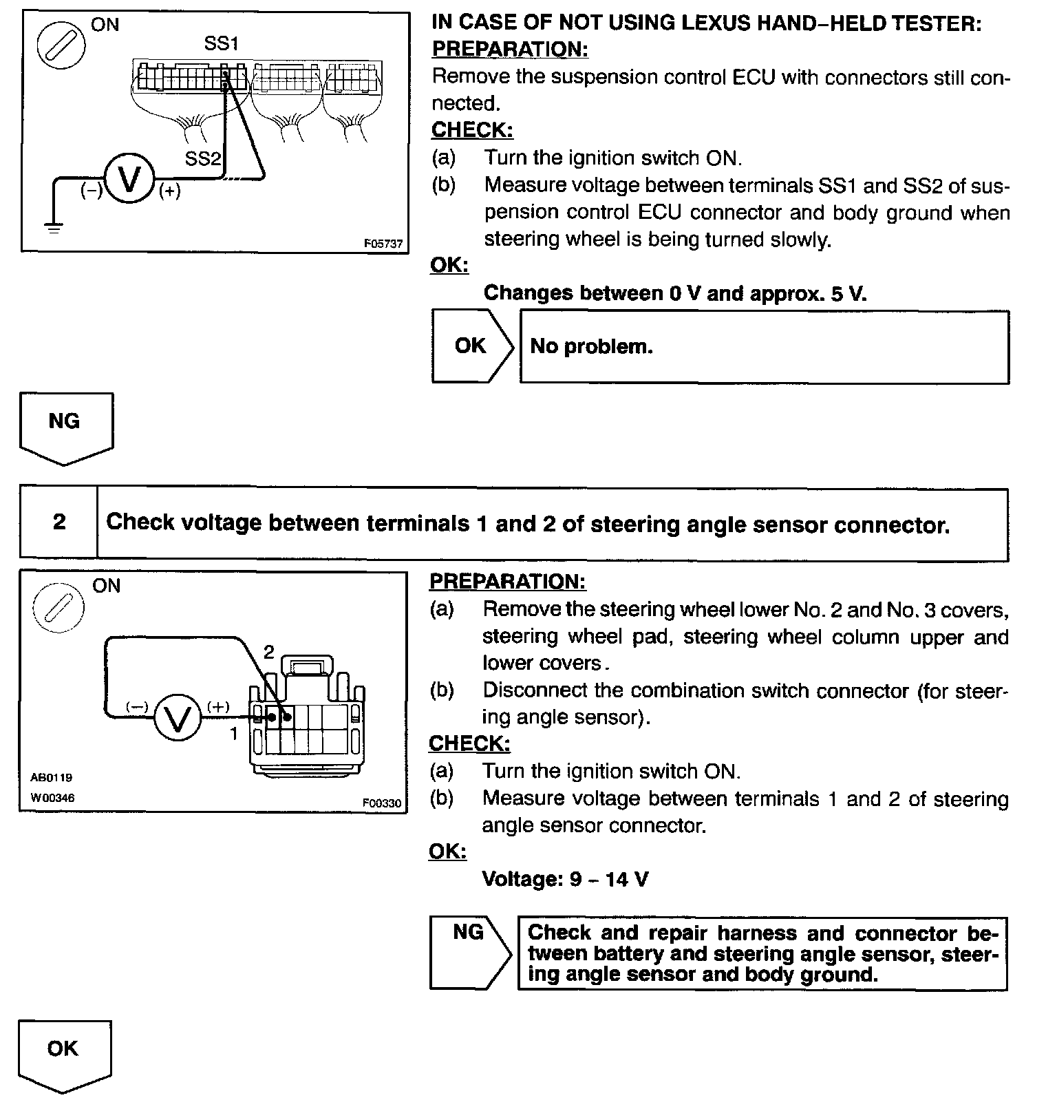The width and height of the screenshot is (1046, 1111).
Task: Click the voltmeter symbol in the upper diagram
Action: click(x=129, y=178)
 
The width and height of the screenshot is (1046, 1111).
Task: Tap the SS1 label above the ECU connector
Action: click(x=222, y=44)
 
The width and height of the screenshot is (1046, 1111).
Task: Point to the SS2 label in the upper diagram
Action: click(x=202, y=159)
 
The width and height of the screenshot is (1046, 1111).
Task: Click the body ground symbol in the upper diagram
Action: click(x=54, y=225)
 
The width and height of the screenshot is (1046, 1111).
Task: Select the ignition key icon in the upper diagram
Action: click(x=61, y=47)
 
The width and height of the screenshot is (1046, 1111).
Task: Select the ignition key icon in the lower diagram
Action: click(x=59, y=608)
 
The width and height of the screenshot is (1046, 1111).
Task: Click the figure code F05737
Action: click(x=383, y=244)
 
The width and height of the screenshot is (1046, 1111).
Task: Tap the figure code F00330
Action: click(x=382, y=803)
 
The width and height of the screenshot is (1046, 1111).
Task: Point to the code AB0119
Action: click(x=51, y=777)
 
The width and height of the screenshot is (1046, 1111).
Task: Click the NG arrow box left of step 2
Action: click(x=66, y=427)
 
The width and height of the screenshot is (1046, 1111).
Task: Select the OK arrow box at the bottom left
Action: click(x=64, y=1054)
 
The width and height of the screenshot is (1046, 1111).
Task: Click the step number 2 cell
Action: click(x=59, y=522)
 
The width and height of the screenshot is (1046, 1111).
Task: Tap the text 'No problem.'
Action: click(x=591, y=346)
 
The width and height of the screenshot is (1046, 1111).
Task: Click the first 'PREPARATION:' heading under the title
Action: click(x=510, y=50)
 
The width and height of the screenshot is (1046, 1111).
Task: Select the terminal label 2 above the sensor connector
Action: click(x=269, y=652)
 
